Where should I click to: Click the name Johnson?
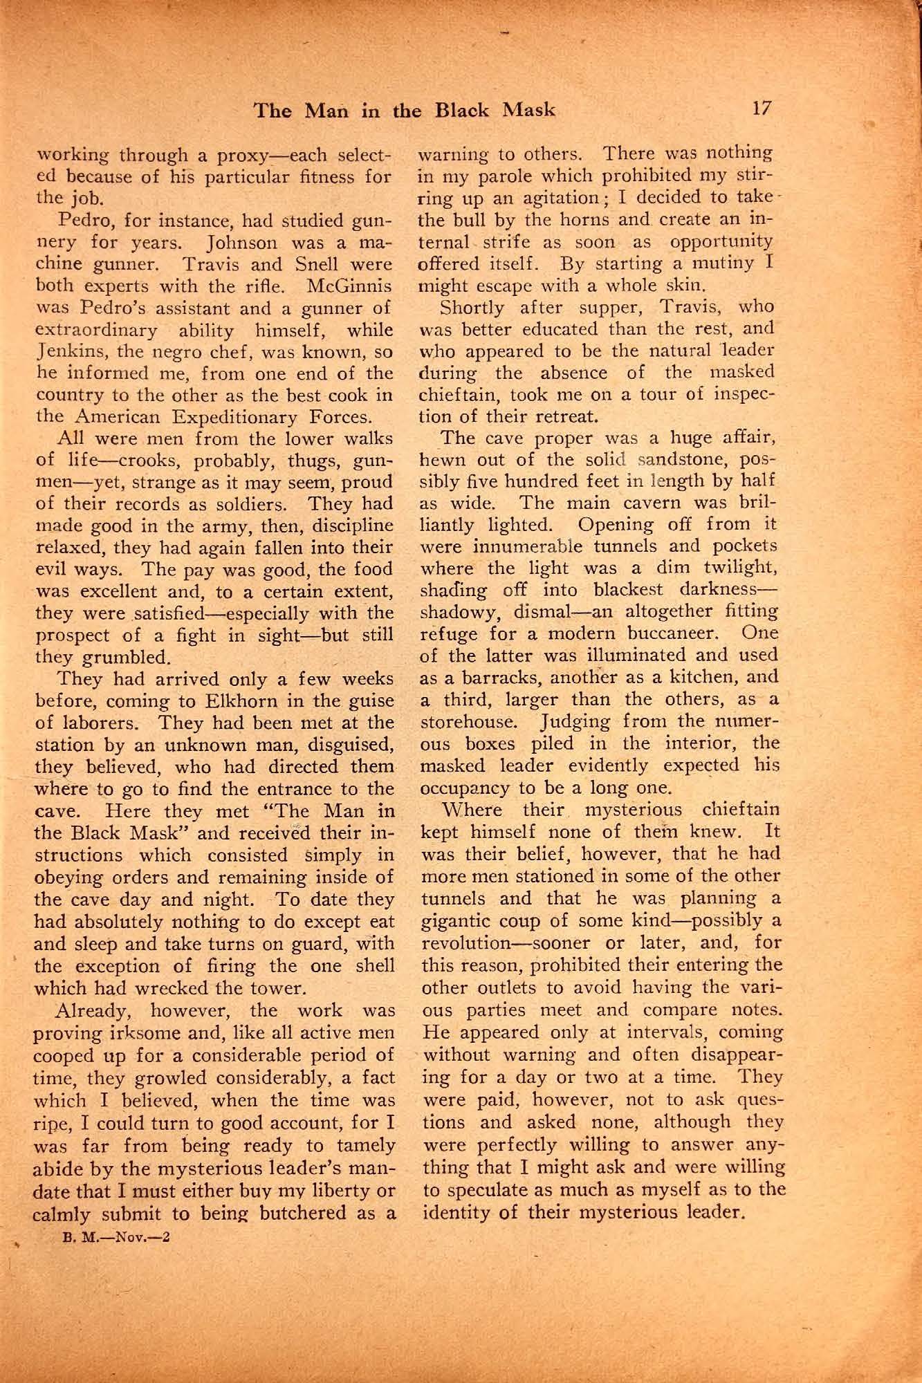click(x=240, y=244)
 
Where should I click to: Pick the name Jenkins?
click(x=65, y=352)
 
